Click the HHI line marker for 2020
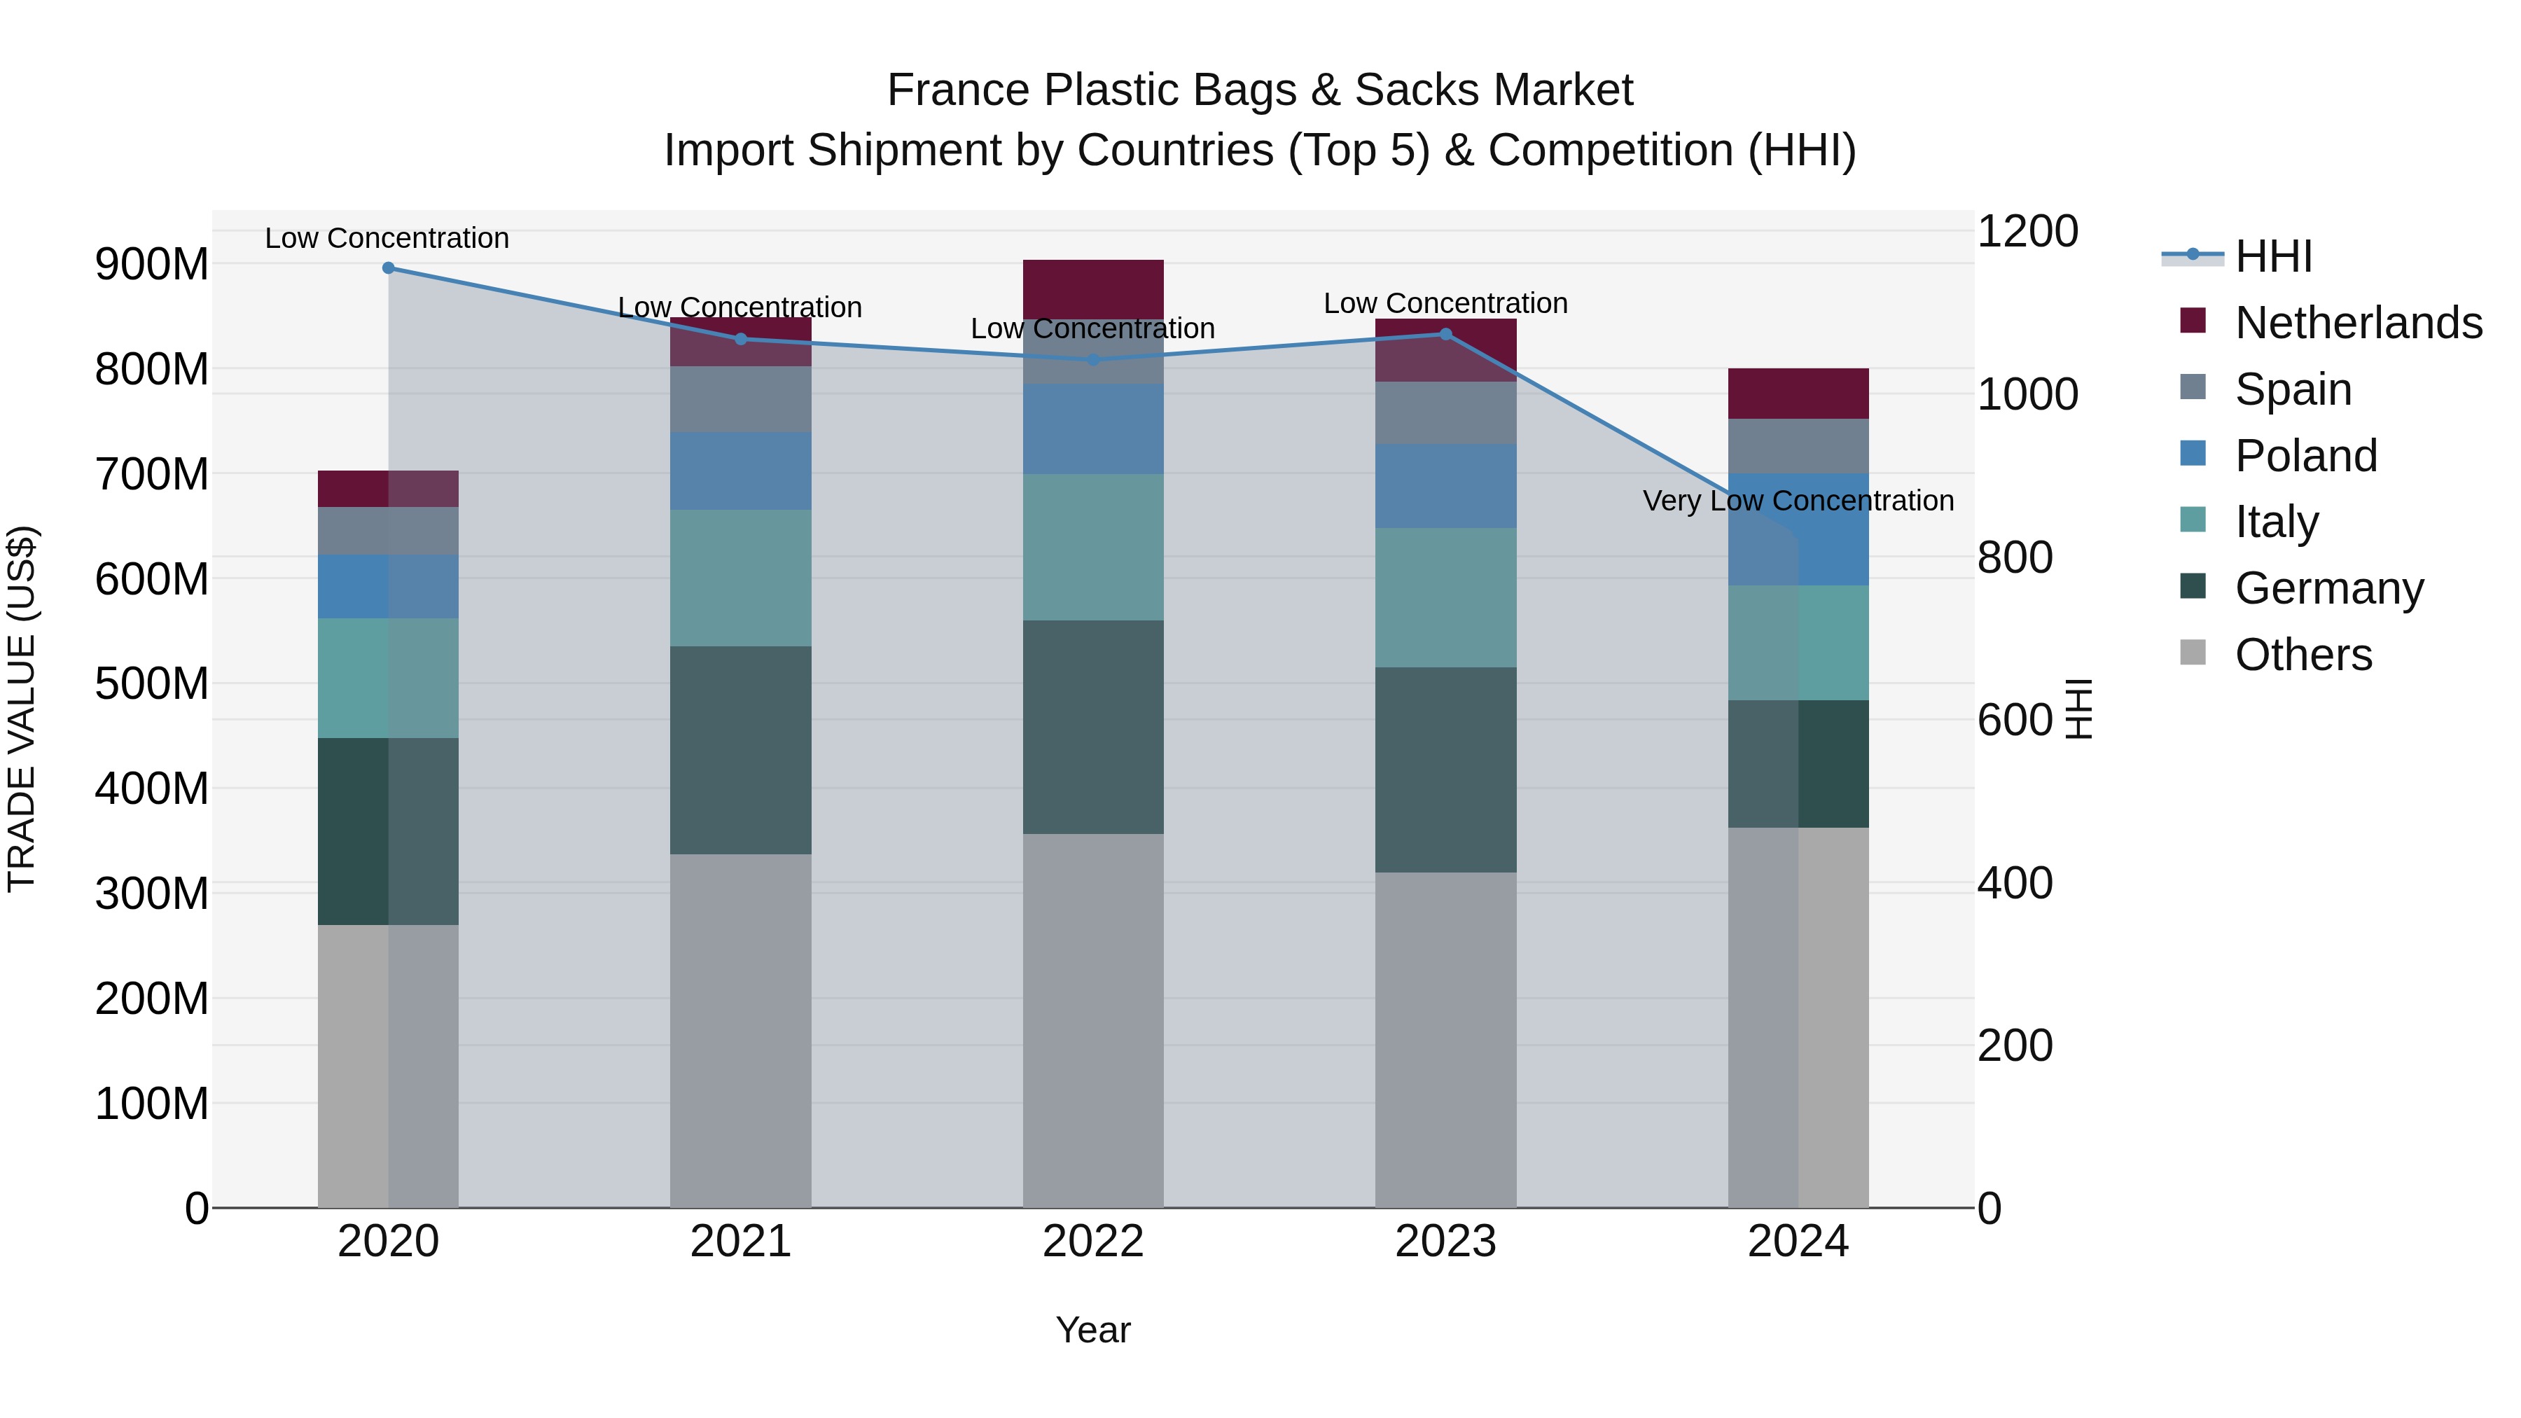pos(389,268)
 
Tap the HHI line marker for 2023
pos(1445,335)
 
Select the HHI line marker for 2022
pos(1093,360)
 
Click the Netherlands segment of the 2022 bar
pos(1093,289)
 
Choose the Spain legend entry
pos(2293,389)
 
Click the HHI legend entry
pos(2273,256)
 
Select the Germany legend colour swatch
pos(2193,586)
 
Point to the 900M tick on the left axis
pos(152,264)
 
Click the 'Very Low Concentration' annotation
pos(1798,501)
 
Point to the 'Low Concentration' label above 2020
pos(387,239)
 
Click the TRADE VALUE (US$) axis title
pos(22,709)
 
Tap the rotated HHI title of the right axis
pos(2078,709)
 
